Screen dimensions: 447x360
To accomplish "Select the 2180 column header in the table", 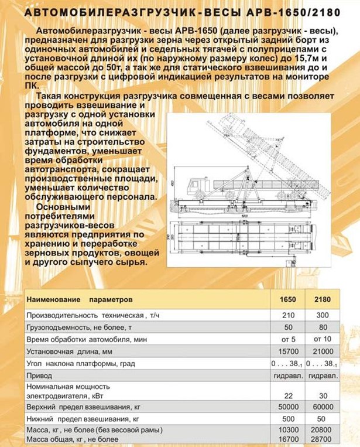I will (322, 301).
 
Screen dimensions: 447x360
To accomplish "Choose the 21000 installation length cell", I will (322, 352).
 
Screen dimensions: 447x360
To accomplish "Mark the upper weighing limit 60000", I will (322, 407).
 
